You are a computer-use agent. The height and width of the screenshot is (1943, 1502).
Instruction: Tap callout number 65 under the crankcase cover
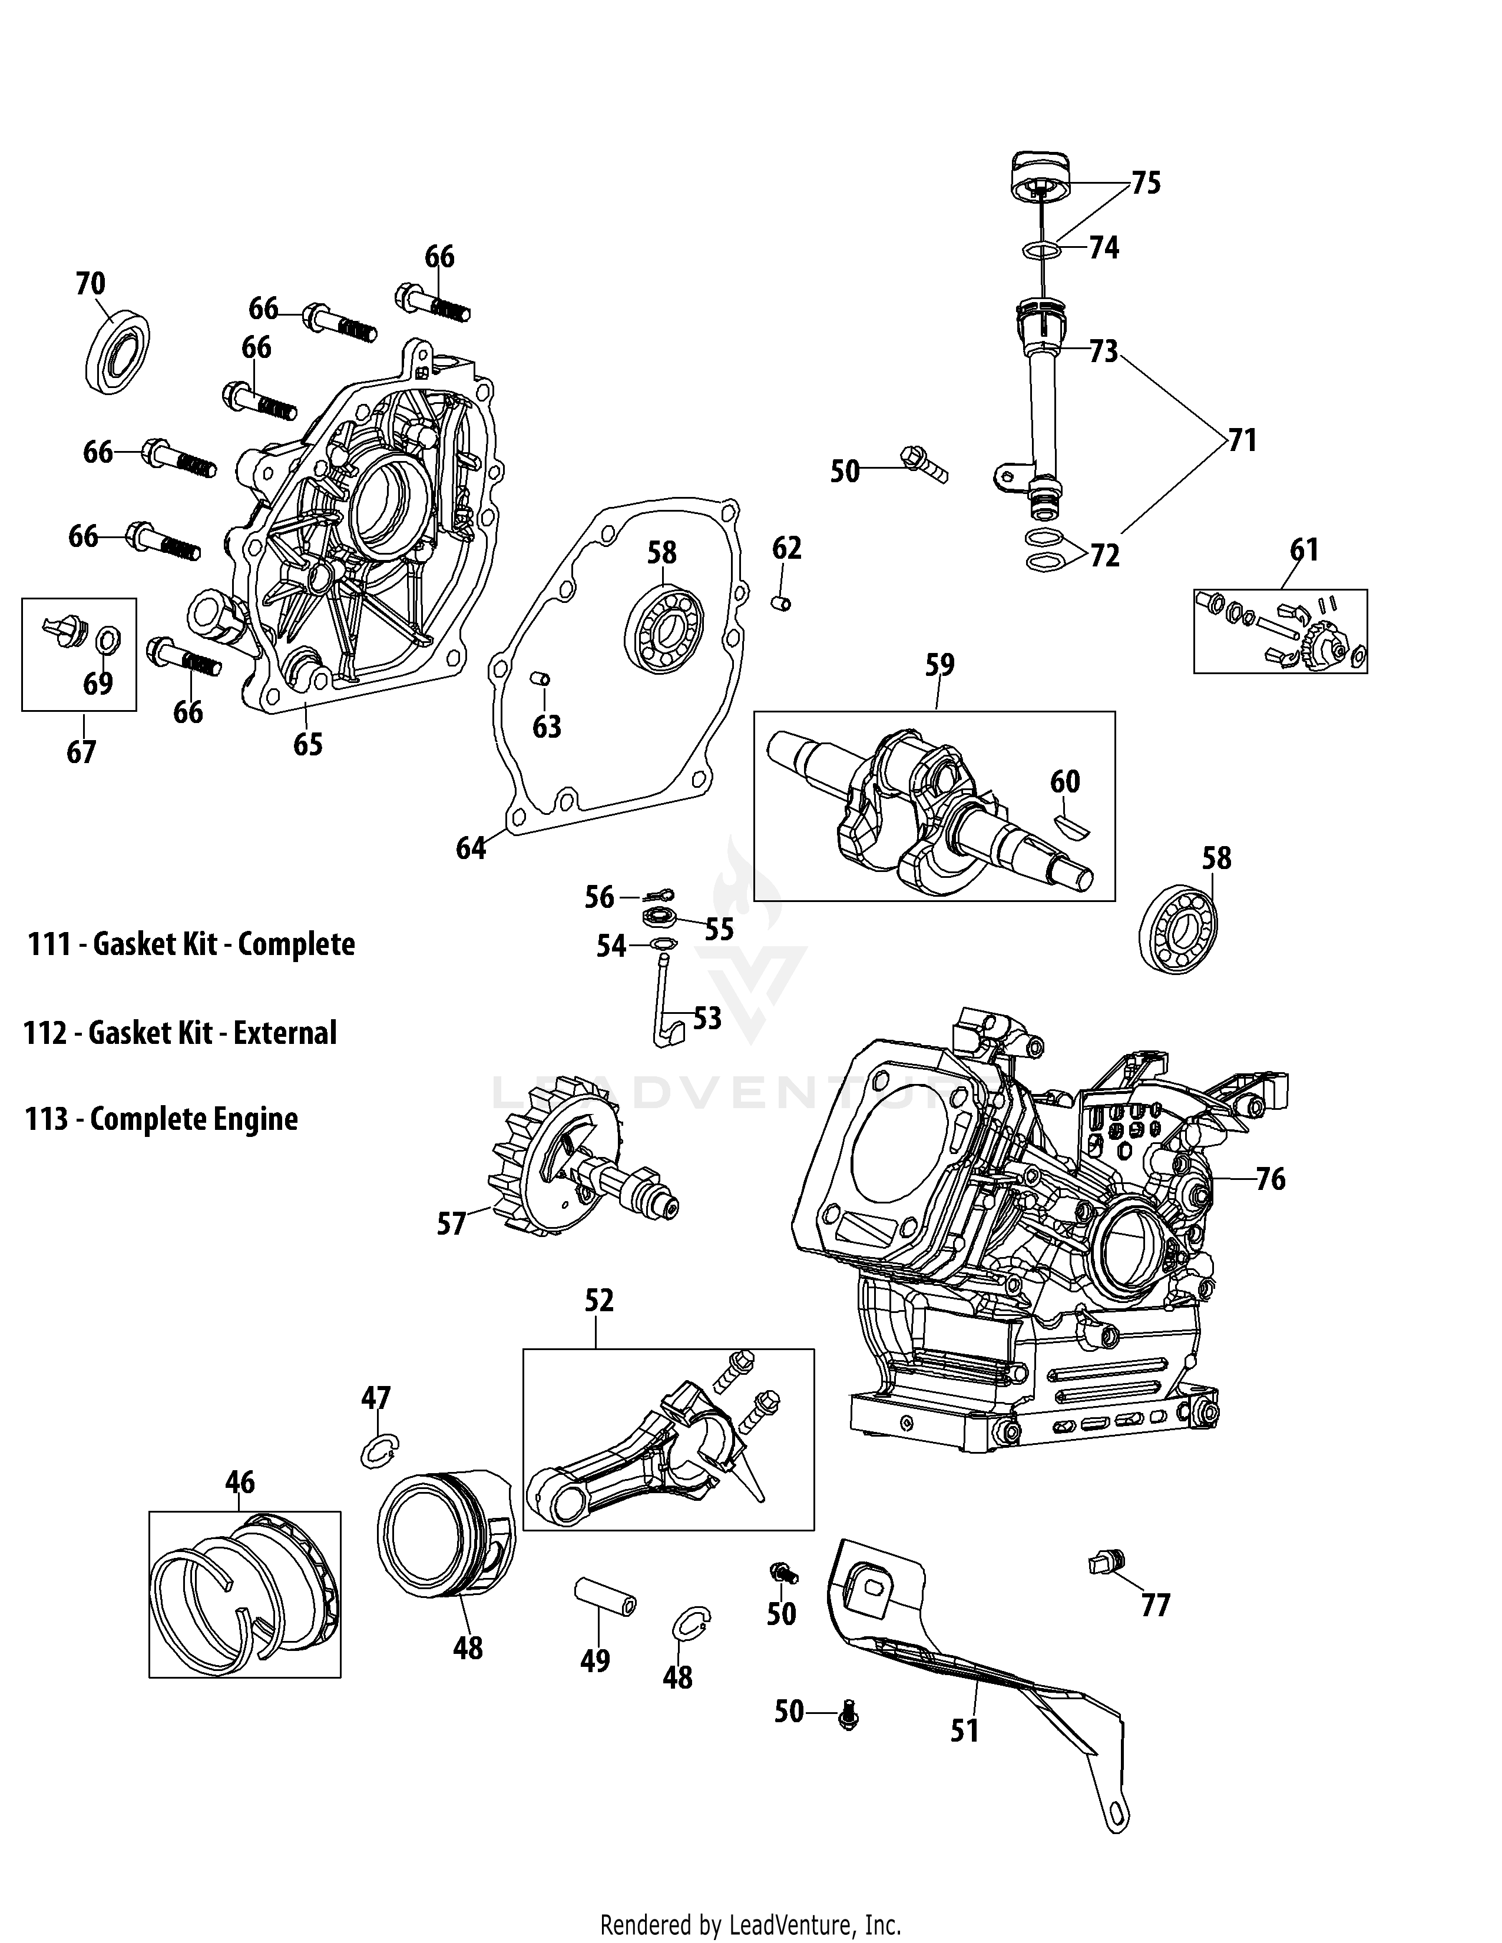click(x=308, y=744)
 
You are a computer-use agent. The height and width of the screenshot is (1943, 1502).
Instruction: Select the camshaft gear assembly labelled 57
click(x=570, y=1165)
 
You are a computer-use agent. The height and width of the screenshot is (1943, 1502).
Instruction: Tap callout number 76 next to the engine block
click(x=1270, y=1179)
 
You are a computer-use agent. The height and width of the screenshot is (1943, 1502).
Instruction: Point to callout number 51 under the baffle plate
click(x=965, y=1730)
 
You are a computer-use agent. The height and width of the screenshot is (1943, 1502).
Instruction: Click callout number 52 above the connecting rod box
click(x=599, y=1301)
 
